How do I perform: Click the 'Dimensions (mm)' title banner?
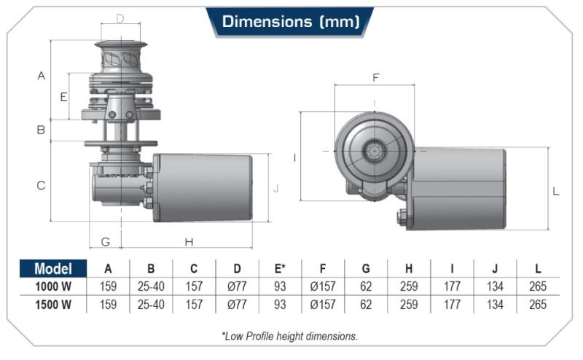(290, 22)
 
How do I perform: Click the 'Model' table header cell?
(52, 269)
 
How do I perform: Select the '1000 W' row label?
(52, 287)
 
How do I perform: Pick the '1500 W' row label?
(52, 305)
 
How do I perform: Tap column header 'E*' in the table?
(278, 269)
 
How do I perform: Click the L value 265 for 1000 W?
(538, 287)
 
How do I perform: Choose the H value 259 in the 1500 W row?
(409, 305)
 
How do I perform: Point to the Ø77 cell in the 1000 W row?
(237, 287)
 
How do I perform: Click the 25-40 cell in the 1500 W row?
(151, 305)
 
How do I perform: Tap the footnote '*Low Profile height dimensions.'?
(290, 336)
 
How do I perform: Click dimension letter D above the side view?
(120, 18)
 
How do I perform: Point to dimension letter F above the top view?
(375, 77)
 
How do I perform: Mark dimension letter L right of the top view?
(556, 192)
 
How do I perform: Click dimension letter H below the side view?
(189, 242)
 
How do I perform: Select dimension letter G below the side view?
(105, 242)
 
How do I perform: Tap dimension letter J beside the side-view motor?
(275, 188)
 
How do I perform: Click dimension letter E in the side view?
(63, 96)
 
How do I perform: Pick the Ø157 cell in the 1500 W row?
(323, 305)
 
